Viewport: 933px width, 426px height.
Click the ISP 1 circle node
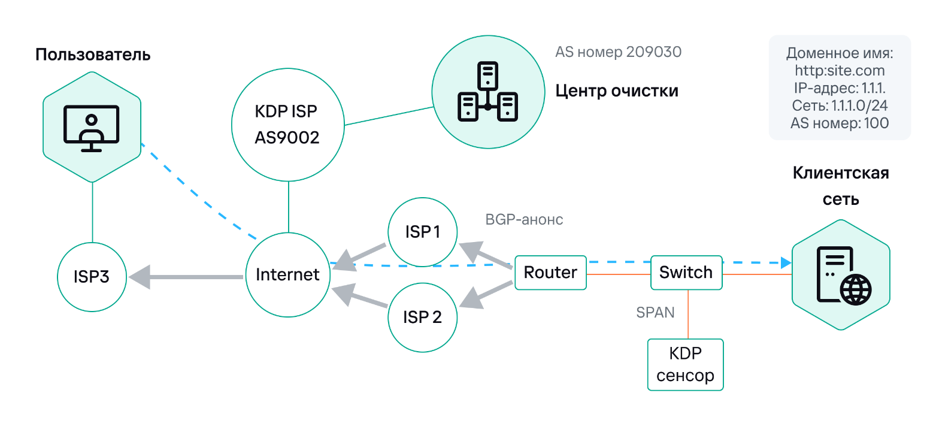tap(423, 232)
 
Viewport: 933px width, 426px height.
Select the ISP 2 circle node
tap(423, 317)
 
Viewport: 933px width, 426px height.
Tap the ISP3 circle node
tap(92, 277)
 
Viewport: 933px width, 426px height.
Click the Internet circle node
tap(288, 275)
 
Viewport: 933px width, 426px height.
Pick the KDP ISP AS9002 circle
tap(288, 125)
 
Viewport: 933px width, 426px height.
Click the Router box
tap(550, 273)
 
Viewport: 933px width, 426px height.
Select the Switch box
tap(686, 273)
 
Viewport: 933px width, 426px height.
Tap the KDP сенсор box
tap(686, 365)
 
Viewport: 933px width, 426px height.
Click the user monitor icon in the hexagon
tap(92, 128)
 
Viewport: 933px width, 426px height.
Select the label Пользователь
tap(93, 55)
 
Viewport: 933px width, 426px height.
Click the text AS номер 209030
tap(619, 52)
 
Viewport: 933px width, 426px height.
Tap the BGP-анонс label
tap(525, 219)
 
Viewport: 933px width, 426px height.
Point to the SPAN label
tap(655, 312)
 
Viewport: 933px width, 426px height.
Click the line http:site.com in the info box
tap(840, 71)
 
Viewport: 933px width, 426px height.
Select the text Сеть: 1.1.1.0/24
tap(840, 106)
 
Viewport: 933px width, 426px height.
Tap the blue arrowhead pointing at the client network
tap(786, 262)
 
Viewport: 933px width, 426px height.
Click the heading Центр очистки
tap(617, 90)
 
